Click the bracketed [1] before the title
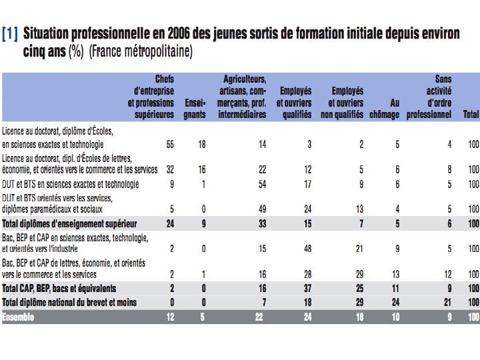click(10, 34)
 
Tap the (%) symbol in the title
click(76, 51)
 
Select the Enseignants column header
click(195, 109)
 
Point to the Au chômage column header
click(384, 109)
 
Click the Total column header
click(471, 114)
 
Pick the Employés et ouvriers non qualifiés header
click(342, 103)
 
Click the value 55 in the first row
click(170, 144)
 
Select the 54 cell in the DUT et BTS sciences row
click(263, 184)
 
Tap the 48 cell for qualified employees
click(307, 249)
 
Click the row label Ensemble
click(18, 317)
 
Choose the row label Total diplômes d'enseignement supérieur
click(69, 224)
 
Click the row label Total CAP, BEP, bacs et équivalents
click(59, 289)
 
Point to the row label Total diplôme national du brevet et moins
click(69, 303)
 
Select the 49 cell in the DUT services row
click(263, 209)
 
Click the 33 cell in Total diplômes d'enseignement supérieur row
click(263, 224)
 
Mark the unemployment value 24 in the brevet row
click(395, 303)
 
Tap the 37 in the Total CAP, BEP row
click(307, 289)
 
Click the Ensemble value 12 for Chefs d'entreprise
click(170, 317)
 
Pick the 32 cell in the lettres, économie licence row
click(170, 169)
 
